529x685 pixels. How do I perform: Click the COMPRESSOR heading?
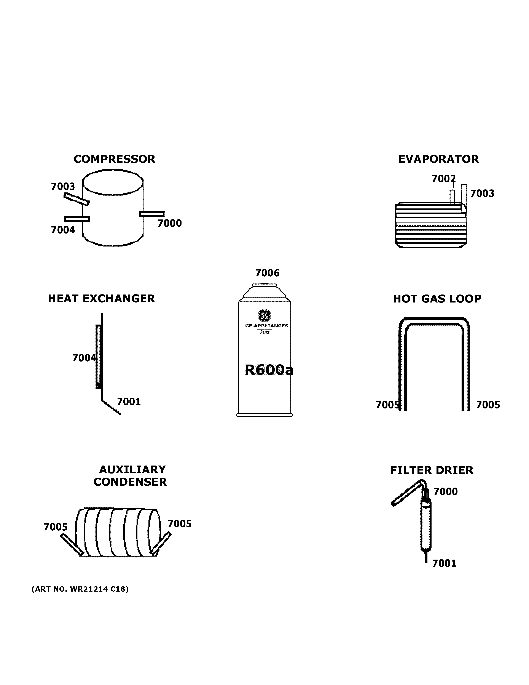click(x=114, y=159)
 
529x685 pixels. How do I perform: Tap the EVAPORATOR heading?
click(x=438, y=159)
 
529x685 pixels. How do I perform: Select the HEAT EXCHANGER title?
click(x=101, y=299)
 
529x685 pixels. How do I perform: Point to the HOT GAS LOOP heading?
click(x=437, y=299)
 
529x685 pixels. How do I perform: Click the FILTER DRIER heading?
click(x=432, y=471)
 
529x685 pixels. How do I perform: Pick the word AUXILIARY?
click(x=132, y=469)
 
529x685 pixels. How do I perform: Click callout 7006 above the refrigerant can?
click(x=267, y=273)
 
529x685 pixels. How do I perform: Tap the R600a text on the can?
click(x=269, y=370)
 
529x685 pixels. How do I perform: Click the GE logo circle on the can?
click(x=264, y=315)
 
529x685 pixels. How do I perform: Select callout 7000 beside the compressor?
click(x=170, y=223)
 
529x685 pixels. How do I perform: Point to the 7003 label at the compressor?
click(x=63, y=187)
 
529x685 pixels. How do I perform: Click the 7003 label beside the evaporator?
click(x=482, y=194)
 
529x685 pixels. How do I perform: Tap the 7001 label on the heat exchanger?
click(x=129, y=402)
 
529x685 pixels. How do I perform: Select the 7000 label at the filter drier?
click(x=445, y=491)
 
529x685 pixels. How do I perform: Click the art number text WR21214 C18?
click(x=80, y=589)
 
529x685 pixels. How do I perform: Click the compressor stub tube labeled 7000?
click(x=152, y=214)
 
